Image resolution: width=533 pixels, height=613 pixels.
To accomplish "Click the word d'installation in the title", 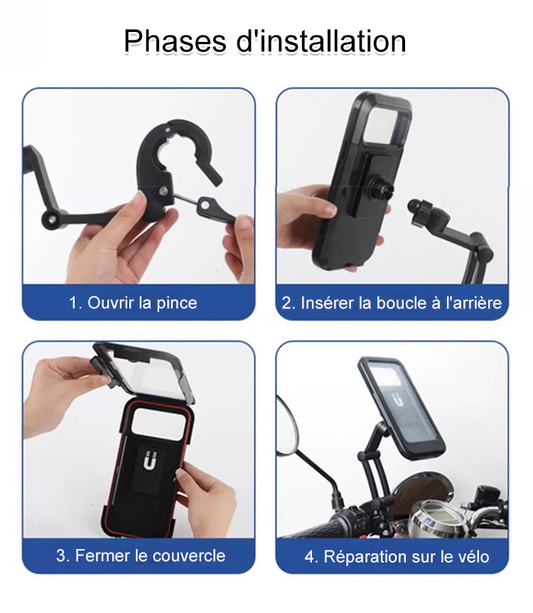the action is click(321, 41).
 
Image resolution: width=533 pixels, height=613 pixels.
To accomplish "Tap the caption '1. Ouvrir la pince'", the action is click(133, 303).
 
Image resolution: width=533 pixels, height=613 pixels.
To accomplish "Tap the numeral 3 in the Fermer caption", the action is click(60, 555).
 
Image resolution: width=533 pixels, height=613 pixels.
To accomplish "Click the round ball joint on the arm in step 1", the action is click(50, 219).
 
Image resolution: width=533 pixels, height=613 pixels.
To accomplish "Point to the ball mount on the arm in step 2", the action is click(418, 210).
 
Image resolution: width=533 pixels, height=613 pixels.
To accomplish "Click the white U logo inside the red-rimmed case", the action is click(149, 460).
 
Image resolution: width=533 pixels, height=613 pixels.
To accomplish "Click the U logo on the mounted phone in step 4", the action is click(398, 401).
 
